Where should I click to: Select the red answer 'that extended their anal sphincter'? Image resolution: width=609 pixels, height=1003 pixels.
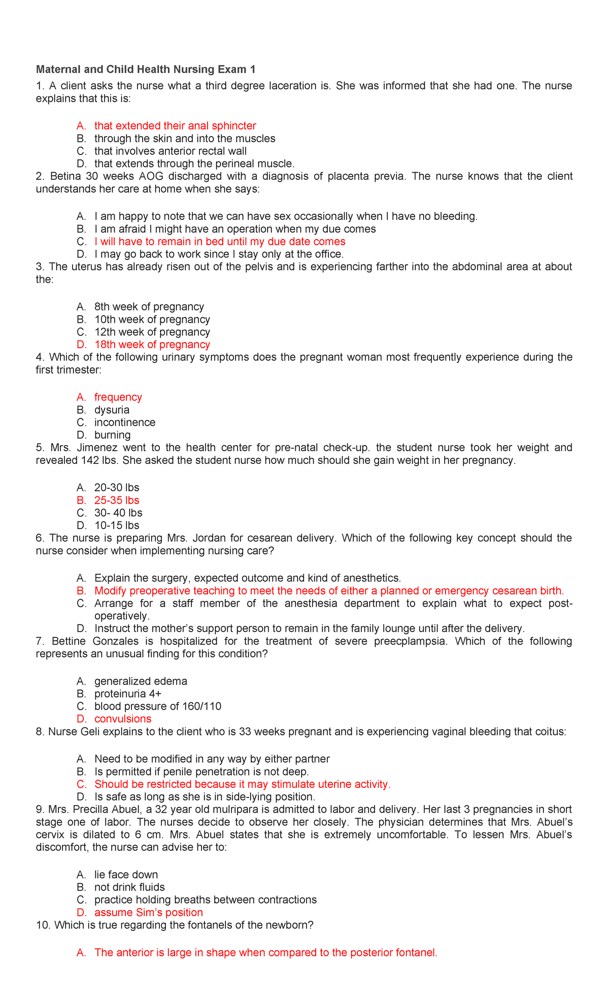pos(175,125)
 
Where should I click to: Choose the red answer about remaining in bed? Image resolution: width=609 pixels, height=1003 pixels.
pos(220,242)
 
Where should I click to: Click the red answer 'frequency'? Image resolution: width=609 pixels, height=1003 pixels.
pos(118,397)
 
